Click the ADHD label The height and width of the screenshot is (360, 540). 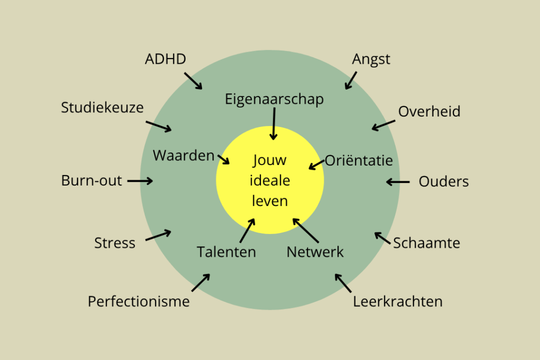click(166, 59)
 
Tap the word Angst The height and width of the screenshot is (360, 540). click(371, 60)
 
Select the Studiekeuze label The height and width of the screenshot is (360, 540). click(102, 108)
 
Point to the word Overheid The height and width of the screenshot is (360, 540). click(429, 112)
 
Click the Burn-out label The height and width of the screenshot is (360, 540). click(92, 181)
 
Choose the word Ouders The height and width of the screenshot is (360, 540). click(443, 182)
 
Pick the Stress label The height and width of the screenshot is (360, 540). click(115, 243)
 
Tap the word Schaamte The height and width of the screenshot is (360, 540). click(427, 243)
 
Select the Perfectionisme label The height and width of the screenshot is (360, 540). click(139, 301)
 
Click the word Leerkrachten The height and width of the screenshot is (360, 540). click(398, 301)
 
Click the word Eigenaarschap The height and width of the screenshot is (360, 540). click(274, 99)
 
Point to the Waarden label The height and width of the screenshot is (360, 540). click(184, 155)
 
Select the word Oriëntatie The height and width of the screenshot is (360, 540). click(359, 160)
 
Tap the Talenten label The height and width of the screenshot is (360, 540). click(227, 252)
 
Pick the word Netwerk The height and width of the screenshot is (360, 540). click(315, 252)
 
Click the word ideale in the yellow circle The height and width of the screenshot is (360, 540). click(270, 180)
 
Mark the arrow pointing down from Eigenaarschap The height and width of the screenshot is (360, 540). click(274, 124)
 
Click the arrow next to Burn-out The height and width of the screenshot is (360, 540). click(140, 181)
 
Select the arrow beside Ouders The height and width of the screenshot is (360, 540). click(398, 182)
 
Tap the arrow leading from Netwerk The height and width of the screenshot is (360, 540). click(306, 230)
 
